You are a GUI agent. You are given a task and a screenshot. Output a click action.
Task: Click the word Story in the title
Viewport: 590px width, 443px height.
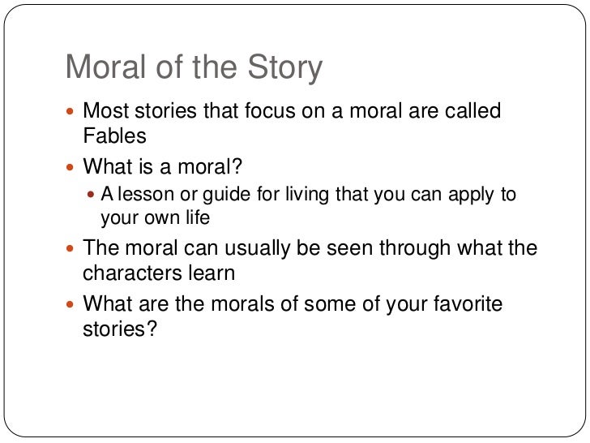[x=283, y=68]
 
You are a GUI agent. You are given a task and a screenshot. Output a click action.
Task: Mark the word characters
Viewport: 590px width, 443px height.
[x=132, y=273]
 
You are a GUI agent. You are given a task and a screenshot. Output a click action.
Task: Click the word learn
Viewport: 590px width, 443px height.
[x=213, y=273]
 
